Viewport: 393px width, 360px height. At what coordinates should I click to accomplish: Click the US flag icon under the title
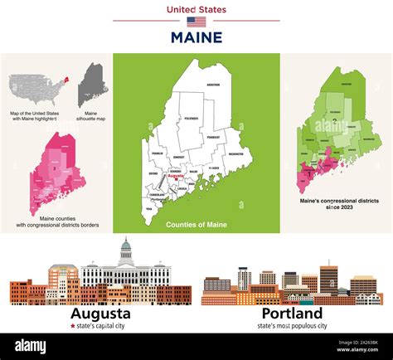[x=196, y=22]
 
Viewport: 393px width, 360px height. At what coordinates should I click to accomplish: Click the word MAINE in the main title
[x=196, y=37]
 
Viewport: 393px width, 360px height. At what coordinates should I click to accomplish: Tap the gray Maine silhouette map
[x=92, y=83]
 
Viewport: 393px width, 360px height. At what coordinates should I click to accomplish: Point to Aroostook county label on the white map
[x=213, y=85]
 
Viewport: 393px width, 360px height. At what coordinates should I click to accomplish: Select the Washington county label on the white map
[x=235, y=154]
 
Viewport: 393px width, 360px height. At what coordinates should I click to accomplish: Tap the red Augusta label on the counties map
[x=176, y=176]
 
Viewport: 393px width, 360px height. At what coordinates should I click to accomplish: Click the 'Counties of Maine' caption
[x=196, y=225]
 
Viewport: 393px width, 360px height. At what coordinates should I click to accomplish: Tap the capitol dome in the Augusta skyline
[x=126, y=249]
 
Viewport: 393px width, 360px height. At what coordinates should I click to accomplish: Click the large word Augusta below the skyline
[x=100, y=314]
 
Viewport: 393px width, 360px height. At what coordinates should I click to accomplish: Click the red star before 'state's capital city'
[x=74, y=327]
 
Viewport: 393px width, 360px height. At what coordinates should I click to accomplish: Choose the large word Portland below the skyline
[x=292, y=314]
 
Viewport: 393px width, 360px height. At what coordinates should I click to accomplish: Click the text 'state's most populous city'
[x=292, y=327]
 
